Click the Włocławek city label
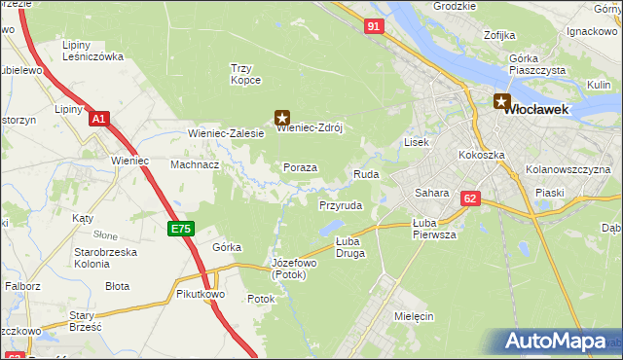[540, 111]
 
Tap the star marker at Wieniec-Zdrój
[282, 117]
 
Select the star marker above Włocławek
[502, 100]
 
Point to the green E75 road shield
[180, 229]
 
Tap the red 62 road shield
[471, 198]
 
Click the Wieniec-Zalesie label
[226, 133]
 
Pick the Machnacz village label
[195, 164]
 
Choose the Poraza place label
[300, 167]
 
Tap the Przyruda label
[341, 206]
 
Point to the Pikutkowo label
[202, 293]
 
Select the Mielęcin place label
[415, 316]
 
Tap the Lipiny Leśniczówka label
[92, 51]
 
